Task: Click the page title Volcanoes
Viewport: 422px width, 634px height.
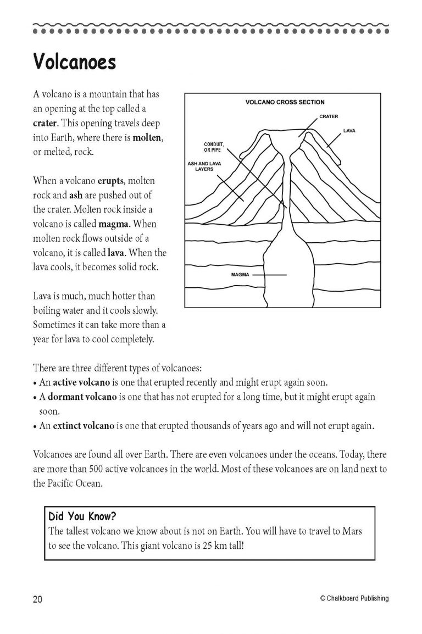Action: point(75,62)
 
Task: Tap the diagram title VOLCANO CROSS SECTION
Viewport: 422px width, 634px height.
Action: point(285,102)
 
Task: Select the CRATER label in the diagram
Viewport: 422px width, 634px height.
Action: point(329,116)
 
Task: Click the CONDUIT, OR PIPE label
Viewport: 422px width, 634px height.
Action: point(214,147)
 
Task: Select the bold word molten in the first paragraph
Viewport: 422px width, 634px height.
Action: point(147,137)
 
